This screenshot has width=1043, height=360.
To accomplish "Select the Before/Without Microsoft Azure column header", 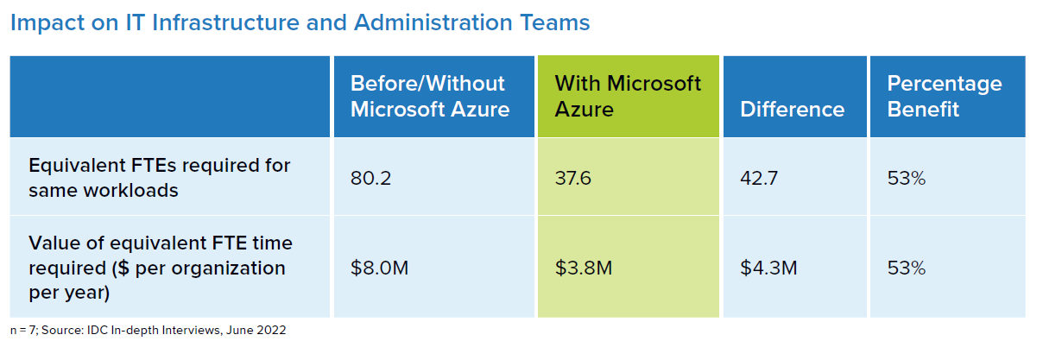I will [429, 96].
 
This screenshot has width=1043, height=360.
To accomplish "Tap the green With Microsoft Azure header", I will [628, 96].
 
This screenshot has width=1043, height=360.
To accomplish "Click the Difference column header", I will [792, 110].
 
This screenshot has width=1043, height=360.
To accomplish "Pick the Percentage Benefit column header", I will [944, 96].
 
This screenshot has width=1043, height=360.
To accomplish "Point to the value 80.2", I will [368, 179].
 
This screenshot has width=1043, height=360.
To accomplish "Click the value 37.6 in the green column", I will [573, 179].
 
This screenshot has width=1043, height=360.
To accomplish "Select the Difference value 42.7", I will [760, 179].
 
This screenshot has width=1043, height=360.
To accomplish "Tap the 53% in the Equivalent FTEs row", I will [907, 179].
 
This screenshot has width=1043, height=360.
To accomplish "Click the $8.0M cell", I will [379, 268].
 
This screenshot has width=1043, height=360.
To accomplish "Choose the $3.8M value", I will [584, 268].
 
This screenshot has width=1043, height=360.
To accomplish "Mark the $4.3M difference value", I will [769, 268].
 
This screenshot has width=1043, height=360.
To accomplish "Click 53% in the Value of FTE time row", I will [907, 268].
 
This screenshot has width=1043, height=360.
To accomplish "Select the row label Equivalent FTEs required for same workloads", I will [159, 177].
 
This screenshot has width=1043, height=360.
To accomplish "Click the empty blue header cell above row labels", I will [170, 96].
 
